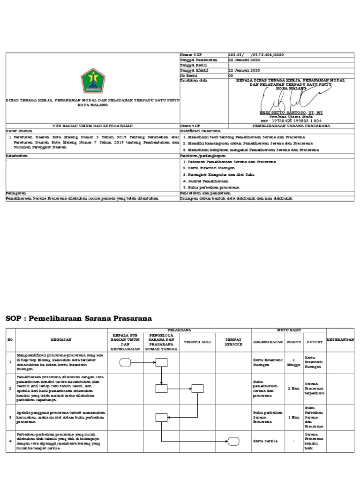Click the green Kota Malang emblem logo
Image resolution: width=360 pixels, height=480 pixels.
click(x=92, y=81)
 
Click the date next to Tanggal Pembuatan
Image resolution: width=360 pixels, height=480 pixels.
click(x=244, y=60)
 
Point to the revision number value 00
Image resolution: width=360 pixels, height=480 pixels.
click(x=230, y=75)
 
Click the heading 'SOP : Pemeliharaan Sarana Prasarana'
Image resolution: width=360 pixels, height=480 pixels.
click(x=79, y=319)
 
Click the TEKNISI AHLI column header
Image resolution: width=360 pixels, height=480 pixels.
click(x=197, y=342)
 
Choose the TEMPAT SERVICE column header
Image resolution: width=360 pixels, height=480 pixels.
click(x=233, y=342)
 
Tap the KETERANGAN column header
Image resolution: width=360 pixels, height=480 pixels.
click(x=340, y=339)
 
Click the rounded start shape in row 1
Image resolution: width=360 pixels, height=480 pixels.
click(x=125, y=362)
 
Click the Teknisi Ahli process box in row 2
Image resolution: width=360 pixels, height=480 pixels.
click(x=197, y=388)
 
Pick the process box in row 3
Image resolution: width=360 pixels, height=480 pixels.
click(x=161, y=417)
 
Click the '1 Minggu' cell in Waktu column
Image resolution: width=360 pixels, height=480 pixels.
click(x=293, y=362)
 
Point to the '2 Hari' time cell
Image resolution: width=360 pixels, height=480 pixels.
click(x=293, y=389)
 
